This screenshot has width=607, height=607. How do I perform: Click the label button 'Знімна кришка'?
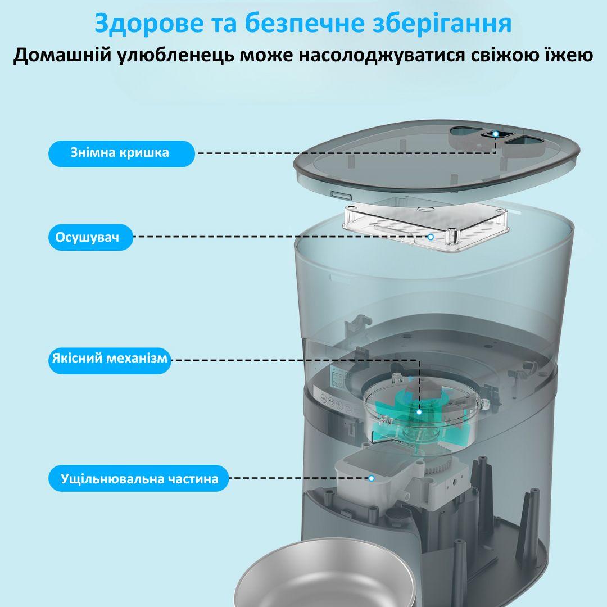pyautogui.click(x=120, y=153)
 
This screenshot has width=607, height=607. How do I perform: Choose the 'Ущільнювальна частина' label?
pyautogui.click(x=139, y=479)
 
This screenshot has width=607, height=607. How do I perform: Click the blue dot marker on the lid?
pyautogui.click(x=495, y=134)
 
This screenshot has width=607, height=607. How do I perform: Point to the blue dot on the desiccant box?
pyautogui.click(x=431, y=237)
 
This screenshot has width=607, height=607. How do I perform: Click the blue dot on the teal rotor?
pyautogui.click(x=419, y=412)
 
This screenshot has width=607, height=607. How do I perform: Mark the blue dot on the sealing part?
pyautogui.click(x=371, y=479)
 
